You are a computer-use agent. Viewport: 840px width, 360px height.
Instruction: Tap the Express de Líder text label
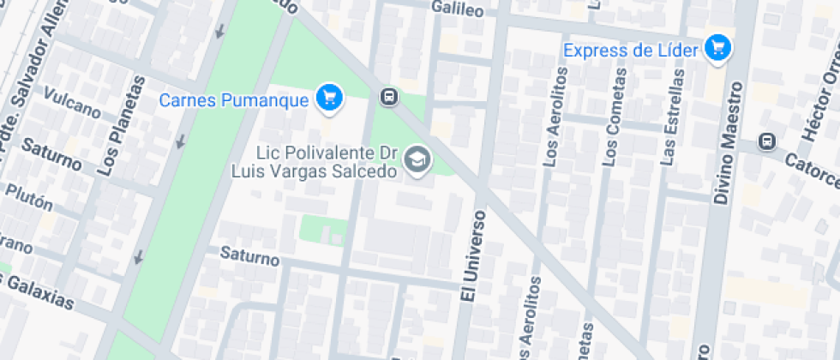point(631,50)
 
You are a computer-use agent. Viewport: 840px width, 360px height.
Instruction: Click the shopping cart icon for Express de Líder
point(717,48)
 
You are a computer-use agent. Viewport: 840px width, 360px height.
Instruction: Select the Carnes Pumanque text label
point(234,100)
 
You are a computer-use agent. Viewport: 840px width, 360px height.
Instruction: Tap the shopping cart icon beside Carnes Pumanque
point(327,99)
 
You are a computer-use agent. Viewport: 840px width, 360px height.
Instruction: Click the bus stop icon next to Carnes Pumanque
point(389,97)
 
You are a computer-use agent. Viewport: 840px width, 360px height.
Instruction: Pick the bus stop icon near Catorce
point(767,141)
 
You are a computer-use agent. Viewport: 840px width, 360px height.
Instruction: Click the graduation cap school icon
point(417,159)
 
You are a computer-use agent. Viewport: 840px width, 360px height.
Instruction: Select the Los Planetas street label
point(121,126)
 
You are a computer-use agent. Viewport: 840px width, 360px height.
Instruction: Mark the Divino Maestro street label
point(728,142)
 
